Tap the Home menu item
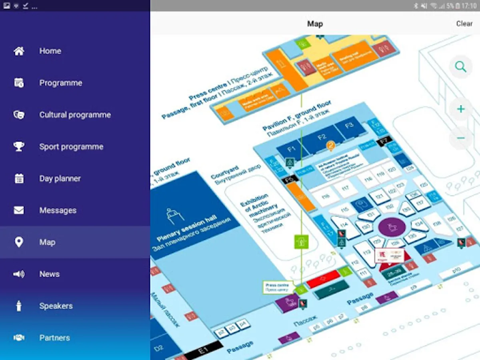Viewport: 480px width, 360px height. pos(50,51)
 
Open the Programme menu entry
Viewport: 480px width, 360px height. pos(60,83)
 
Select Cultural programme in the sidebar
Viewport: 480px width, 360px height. pos(75,115)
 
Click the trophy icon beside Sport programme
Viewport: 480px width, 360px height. pos(19,146)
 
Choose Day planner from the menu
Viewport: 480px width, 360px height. pos(60,178)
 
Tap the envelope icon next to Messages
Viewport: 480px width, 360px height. pos(19,210)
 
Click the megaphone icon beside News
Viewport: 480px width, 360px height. pos(19,274)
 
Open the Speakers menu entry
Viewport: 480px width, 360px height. pos(56,306)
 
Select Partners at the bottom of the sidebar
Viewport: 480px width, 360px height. pos(54,338)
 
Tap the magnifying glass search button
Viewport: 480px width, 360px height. pos(461,67)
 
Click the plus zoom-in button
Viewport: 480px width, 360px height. pos(461,109)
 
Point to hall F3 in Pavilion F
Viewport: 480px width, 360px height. pos(349,126)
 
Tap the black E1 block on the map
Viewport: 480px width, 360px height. pos(203,351)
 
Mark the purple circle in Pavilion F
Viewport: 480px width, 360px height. pos(392,227)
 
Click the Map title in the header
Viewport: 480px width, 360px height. pos(315,24)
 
